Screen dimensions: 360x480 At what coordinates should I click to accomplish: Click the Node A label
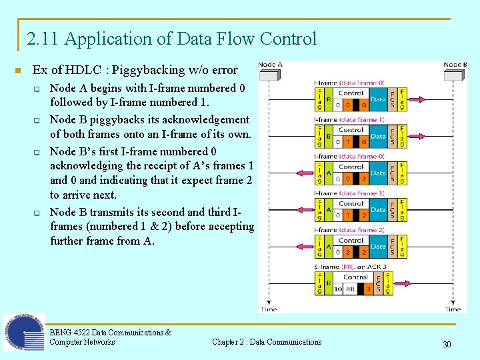pyautogui.click(x=270, y=65)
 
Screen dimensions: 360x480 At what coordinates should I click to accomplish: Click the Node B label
pyautogui.click(x=455, y=65)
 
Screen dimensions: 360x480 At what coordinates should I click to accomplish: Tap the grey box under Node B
pyautogui.click(x=455, y=74)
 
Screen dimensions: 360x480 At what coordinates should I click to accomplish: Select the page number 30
pyautogui.click(x=447, y=344)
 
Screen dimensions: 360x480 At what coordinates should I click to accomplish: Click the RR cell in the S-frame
pyautogui.click(x=349, y=289)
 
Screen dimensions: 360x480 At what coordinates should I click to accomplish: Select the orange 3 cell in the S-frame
pyautogui.click(x=368, y=289)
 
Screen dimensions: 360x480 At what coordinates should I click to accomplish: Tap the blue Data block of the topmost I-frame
pyautogui.click(x=378, y=99)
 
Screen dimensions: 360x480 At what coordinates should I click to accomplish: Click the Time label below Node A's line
pyautogui.click(x=268, y=309)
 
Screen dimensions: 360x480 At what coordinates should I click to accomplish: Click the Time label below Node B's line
pyautogui.click(x=453, y=309)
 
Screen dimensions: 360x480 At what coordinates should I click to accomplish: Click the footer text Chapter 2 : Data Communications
pyautogui.click(x=267, y=342)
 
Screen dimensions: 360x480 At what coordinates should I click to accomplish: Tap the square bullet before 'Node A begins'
pyautogui.click(x=37, y=89)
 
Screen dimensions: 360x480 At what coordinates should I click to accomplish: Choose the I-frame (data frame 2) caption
pyautogui.click(x=349, y=230)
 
